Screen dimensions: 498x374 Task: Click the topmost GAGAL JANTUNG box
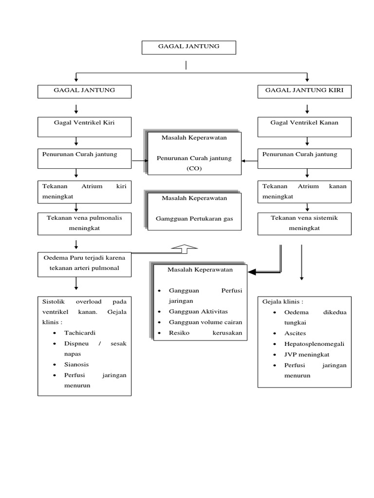coord(189,47)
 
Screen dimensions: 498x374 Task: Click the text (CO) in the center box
coord(194,168)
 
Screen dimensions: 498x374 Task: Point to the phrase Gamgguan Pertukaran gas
coord(194,219)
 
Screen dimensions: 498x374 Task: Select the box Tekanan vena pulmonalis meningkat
coord(84,223)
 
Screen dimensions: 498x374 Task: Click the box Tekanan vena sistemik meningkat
coord(304,223)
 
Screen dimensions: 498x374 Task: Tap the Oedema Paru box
coord(84,264)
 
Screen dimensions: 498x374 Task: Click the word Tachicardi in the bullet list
coord(80,333)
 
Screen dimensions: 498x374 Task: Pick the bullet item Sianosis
coord(76,364)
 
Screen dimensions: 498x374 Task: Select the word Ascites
coord(295,333)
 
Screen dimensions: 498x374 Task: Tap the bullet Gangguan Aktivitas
coord(198,312)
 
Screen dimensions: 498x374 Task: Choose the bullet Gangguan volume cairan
coord(205,322)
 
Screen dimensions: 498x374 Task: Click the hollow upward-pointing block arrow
coord(184,249)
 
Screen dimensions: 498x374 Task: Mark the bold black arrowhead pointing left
coord(254,272)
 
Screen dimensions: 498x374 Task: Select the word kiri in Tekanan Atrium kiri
coord(121,186)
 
